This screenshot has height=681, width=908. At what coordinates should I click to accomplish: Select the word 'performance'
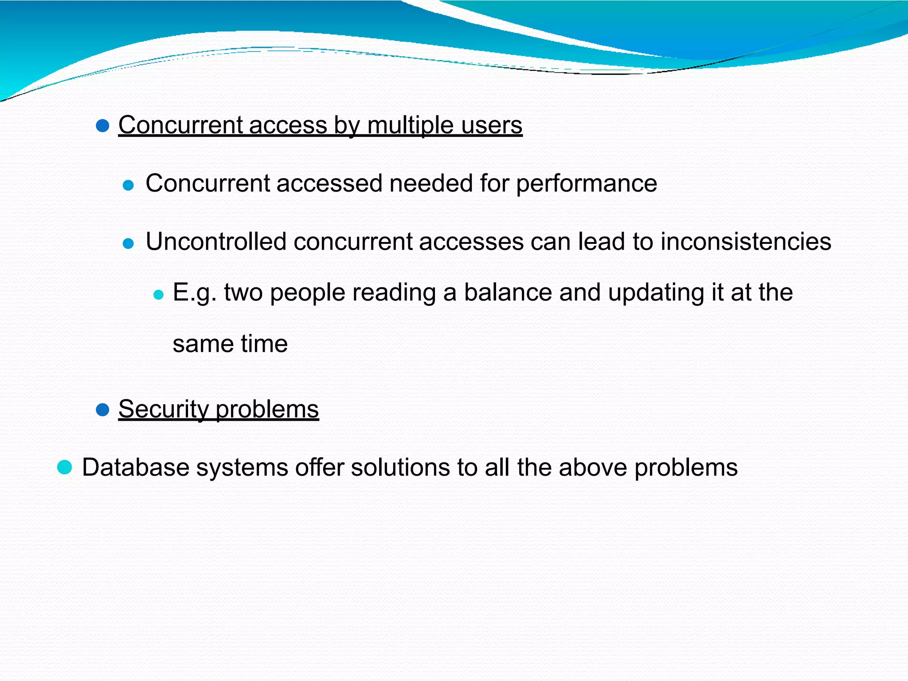click(x=586, y=184)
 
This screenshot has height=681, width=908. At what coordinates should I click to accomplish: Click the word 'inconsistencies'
click(x=746, y=242)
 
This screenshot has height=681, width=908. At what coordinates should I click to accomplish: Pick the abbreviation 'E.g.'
click(x=195, y=293)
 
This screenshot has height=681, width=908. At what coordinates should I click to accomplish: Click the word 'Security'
click(x=163, y=409)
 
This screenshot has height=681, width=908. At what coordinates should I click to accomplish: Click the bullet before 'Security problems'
click(x=102, y=410)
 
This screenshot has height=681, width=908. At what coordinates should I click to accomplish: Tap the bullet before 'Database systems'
click(x=65, y=467)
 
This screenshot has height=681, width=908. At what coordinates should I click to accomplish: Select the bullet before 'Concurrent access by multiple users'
click(x=102, y=126)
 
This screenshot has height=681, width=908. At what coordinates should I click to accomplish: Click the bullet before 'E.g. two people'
click(x=158, y=295)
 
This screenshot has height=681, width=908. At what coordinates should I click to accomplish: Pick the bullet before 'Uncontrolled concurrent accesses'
click(x=128, y=243)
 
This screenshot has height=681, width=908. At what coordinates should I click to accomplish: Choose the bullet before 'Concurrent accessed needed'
click(x=128, y=185)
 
